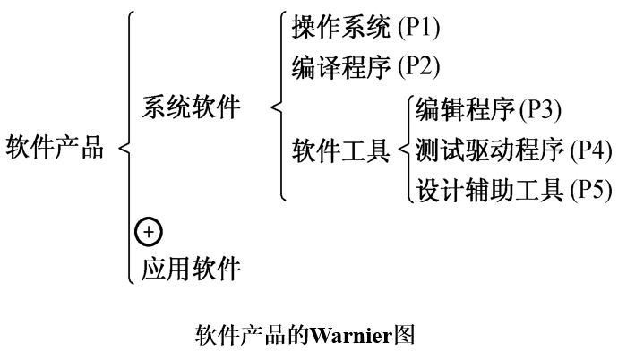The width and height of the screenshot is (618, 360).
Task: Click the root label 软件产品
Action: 53,146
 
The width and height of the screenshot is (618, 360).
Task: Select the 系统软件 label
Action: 191,107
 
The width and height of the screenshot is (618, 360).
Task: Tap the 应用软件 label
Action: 191,267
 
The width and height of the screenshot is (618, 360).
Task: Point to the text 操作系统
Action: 341,28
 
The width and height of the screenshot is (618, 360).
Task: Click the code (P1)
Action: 418,28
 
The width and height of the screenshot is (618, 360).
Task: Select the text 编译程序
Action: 341,67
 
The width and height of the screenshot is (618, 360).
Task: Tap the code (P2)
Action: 418,67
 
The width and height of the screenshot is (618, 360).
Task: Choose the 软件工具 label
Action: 341,149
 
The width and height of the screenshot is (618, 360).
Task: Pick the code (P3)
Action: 542,108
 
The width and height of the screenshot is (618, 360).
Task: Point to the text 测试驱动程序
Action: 489,149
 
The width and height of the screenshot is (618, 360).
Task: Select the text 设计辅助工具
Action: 489,189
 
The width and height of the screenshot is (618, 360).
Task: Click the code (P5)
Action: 591,189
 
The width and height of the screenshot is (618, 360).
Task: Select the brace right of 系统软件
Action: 279,107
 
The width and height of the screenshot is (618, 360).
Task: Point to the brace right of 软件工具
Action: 405,149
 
